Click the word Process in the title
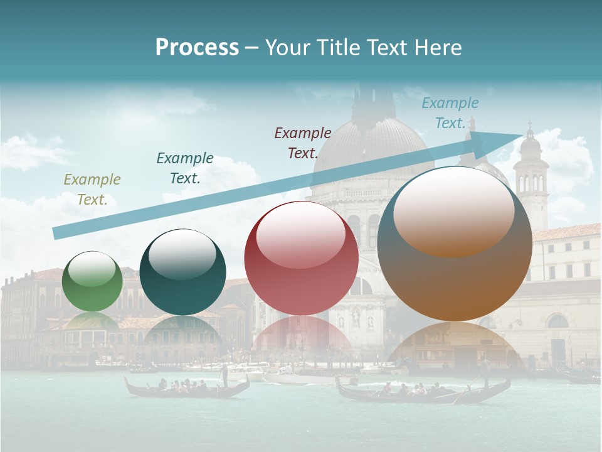click(197, 48)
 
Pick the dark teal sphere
click(182, 272)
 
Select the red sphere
click(301, 258)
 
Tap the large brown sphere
click(455, 245)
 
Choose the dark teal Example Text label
click(185, 168)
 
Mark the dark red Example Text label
click(303, 143)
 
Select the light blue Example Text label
click(450, 113)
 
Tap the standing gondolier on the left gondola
click(224, 375)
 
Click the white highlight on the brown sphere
click(453, 210)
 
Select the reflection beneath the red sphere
click(301, 336)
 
